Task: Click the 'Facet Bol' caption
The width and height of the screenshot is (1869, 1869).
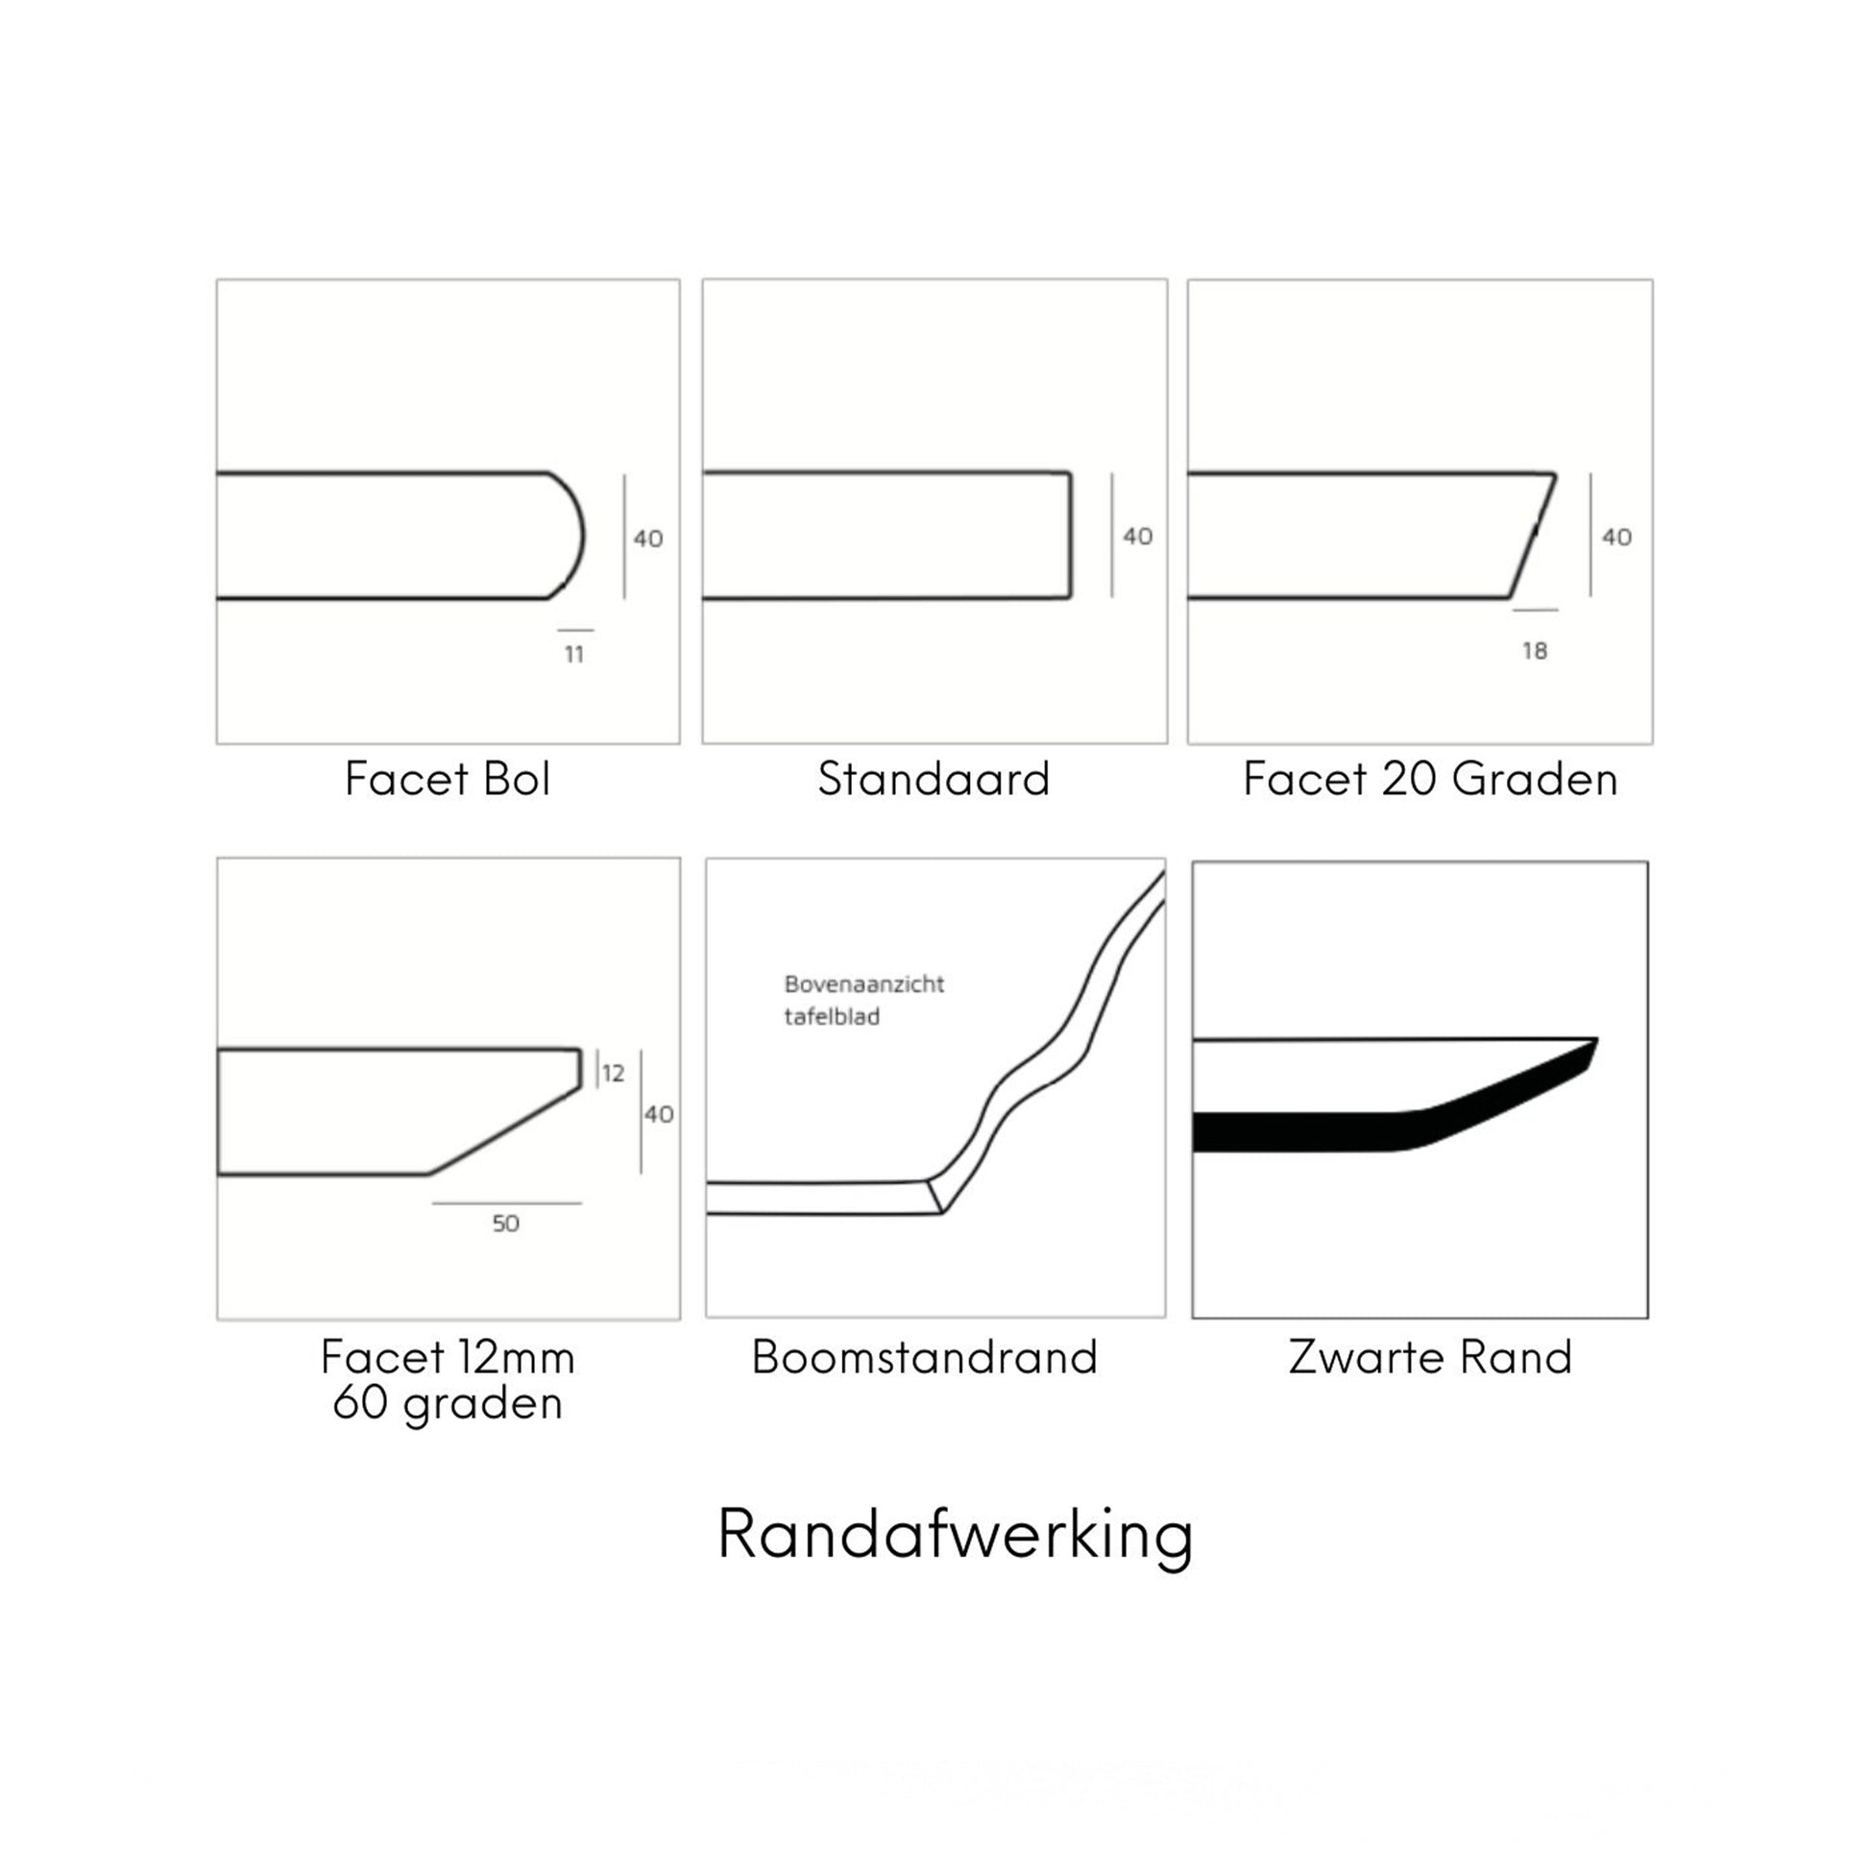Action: (x=448, y=779)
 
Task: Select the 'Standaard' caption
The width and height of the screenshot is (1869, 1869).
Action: (x=934, y=779)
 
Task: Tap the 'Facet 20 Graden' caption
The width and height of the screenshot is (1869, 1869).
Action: (x=1430, y=779)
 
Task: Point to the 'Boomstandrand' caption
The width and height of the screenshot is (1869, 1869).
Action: (x=925, y=1357)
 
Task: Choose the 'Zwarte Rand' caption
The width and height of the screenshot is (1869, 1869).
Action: (x=1430, y=1357)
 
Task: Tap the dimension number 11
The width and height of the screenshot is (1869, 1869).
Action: (x=574, y=655)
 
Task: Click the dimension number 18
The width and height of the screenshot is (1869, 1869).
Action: (x=1535, y=651)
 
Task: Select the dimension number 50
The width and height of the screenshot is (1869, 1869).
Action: (x=506, y=1224)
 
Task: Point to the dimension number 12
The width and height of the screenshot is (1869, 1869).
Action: (x=614, y=1073)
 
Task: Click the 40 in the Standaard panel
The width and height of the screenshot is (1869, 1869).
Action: (x=1138, y=536)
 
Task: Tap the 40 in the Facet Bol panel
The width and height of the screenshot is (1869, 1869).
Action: (x=648, y=539)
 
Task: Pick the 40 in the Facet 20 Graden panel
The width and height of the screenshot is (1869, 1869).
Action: (x=1616, y=537)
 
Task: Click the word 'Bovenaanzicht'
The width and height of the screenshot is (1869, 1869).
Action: (x=863, y=984)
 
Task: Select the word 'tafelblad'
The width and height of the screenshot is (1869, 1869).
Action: (x=832, y=1017)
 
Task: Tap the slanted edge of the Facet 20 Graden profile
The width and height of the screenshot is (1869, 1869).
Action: (x=1533, y=536)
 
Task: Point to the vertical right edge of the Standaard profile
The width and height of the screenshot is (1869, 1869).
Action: (x=1070, y=535)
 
